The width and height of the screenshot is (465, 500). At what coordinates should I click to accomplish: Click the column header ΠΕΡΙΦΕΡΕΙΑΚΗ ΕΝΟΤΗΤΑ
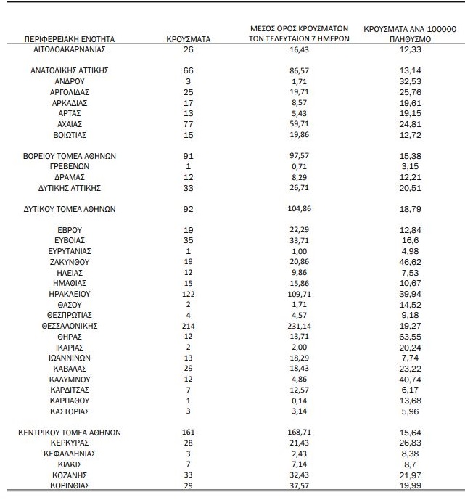(x=69, y=38)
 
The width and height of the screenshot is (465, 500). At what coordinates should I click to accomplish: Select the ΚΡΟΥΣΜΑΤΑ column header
(x=188, y=38)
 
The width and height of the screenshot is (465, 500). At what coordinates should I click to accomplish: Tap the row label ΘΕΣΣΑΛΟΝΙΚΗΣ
(x=70, y=326)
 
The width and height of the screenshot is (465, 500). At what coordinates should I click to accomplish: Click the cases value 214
(x=188, y=326)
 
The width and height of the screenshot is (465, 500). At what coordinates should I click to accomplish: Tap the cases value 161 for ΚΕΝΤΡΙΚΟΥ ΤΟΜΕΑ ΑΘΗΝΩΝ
(x=188, y=432)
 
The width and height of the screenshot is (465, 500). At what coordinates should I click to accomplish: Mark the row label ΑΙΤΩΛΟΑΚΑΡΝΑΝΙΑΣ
(x=70, y=49)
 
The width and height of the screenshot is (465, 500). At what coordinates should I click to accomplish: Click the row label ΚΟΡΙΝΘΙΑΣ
(x=70, y=484)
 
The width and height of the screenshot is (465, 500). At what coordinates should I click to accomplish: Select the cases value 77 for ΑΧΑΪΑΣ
(x=188, y=124)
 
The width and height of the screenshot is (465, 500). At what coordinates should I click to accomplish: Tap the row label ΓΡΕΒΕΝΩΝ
(x=70, y=166)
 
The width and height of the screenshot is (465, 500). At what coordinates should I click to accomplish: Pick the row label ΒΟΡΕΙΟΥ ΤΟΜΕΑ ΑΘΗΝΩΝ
(x=70, y=155)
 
